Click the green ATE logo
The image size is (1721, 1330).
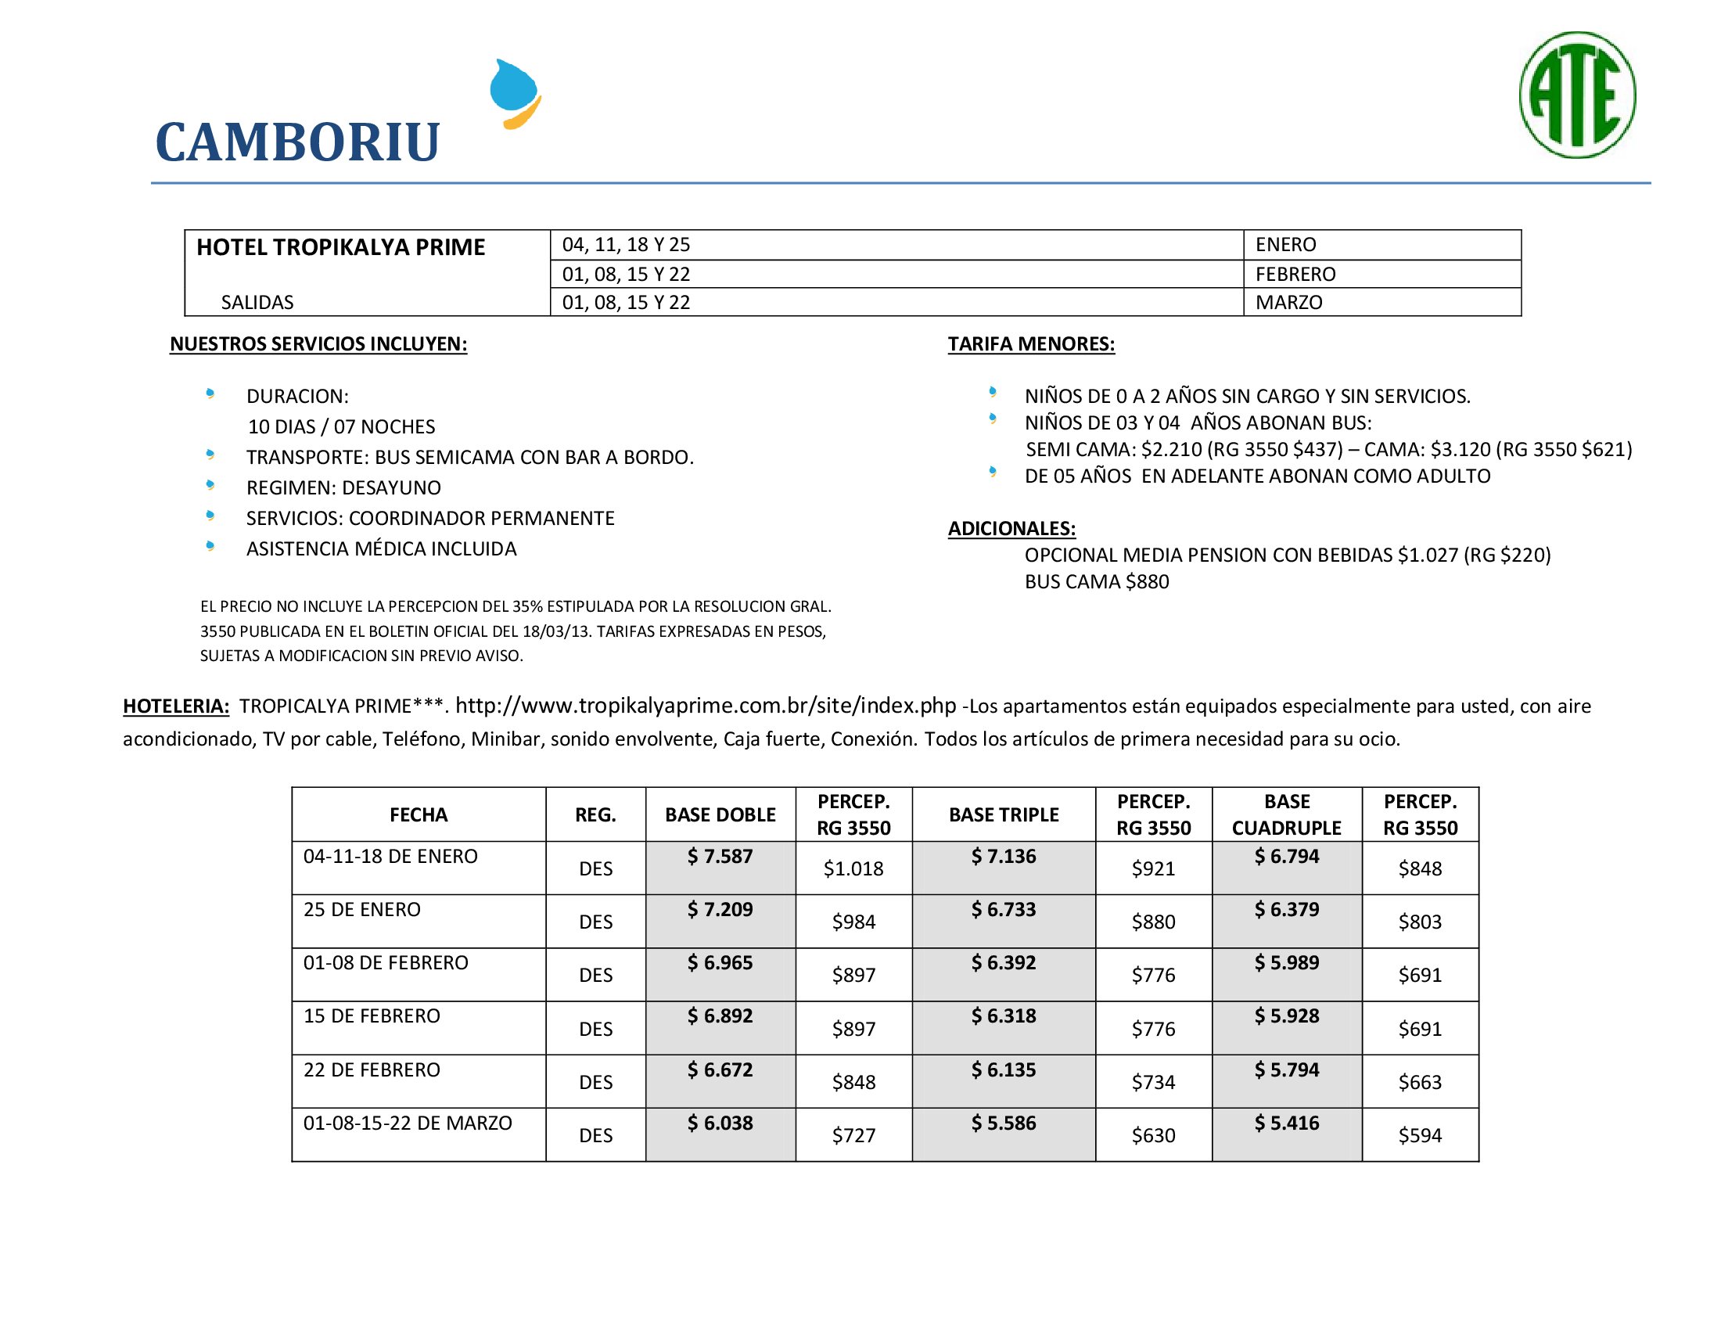point(1577,95)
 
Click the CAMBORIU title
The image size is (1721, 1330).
point(297,142)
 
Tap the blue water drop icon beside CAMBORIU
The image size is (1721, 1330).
point(515,94)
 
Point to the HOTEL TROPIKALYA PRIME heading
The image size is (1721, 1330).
point(340,247)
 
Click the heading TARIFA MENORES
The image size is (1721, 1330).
point(1031,343)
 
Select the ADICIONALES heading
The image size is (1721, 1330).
point(1011,528)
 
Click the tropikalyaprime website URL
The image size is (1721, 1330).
point(706,705)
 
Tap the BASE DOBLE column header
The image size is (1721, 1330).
point(720,814)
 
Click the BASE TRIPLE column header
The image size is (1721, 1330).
point(1003,814)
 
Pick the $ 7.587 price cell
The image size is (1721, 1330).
point(720,857)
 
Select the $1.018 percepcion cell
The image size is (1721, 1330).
point(853,868)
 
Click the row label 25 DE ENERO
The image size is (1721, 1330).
point(361,909)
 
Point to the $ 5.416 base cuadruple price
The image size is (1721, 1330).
point(1287,1123)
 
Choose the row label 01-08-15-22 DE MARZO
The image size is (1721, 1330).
point(408,1123)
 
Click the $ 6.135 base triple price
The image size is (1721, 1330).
point(1003,1069)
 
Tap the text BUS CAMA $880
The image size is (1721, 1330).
point(1096,581)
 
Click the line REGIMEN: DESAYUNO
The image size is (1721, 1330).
point(343,487)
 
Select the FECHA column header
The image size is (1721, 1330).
point(419,814)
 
